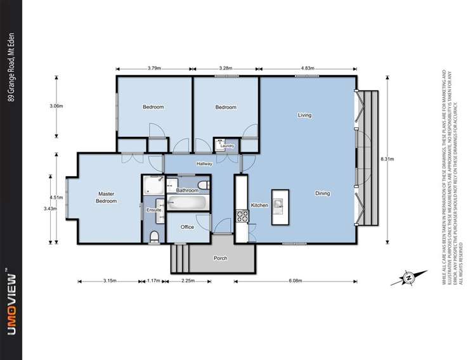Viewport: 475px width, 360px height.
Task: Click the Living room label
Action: [x=304, y=115]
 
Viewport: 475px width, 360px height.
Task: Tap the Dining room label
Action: [x=323, y=193]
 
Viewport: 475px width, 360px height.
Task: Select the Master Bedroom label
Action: [x=107, y=197]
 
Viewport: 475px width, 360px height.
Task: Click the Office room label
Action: [x=187, y=227]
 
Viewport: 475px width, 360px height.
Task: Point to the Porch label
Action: [x=220, y=258]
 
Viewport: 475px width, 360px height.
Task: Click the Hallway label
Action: [x=204, y=164]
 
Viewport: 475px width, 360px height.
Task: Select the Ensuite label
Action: [x=153, y=209]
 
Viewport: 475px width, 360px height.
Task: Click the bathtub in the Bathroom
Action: [x=187, y=203]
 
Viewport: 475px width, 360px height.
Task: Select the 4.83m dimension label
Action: [x=308, y=68]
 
